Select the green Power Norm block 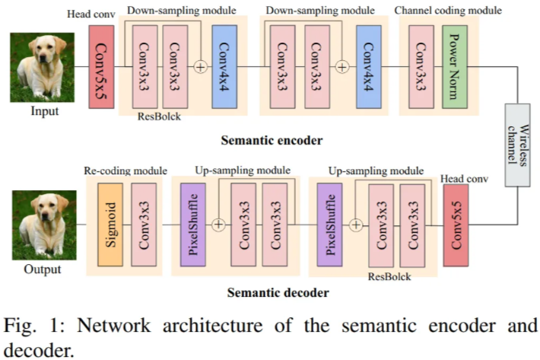[x=455, y=66]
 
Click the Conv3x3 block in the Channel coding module [x=420, y=66]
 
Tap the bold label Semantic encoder [x=272, y=140]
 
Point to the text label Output [x=43, y=269]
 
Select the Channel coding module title [x=448, y=11]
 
